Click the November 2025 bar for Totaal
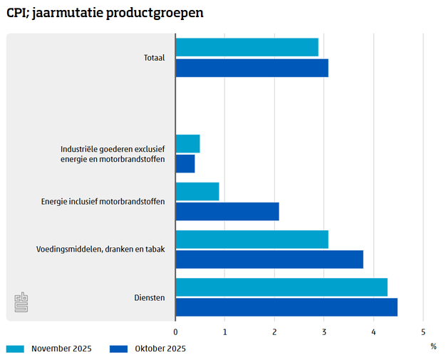[x=247, y=47]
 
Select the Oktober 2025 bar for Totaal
[x=251, y=68]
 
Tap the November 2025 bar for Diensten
[x=281, y=287]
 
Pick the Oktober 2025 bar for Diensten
[x=286, y=307]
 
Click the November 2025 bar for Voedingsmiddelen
[x=251, y=240]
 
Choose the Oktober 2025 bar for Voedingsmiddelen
[x=269, y=259]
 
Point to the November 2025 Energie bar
[x=197, y=191]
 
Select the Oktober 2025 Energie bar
[x=227, y=212]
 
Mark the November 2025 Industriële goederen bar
[x=187, y=143]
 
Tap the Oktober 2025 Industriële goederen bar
[x=185, y=164]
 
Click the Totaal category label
[x=154, y=58]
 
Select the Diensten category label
[x=150, y=297]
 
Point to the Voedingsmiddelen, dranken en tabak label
[x=100, y=250]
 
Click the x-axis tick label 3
[x=324, y=331]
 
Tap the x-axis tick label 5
[x=423, y=331]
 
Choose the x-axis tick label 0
[x=176, y=331]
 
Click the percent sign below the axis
[x=433, y=346]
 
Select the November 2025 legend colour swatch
[x=15, y=349]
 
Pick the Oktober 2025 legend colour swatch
[x=118, y=349]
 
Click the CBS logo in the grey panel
[x=22, y=302]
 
